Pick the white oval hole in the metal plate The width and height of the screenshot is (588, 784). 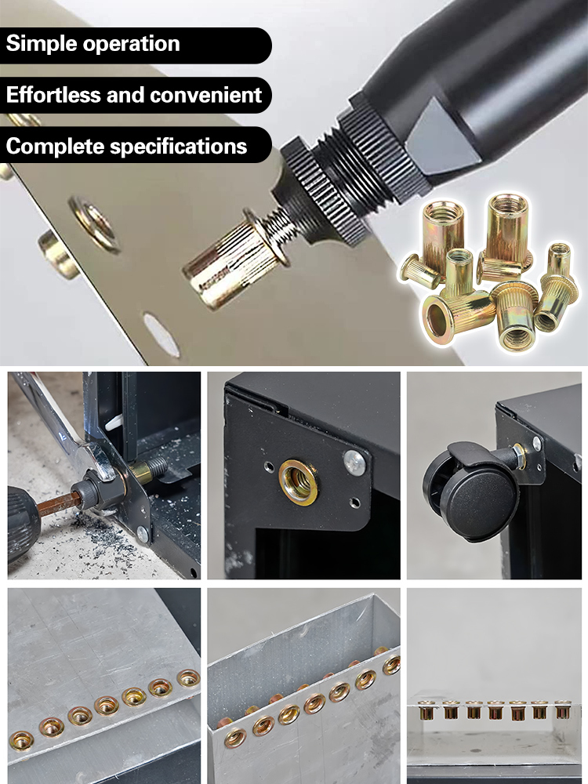pyautogui.click(x=161, y=335)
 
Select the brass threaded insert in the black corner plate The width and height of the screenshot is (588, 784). pyautogui.click(x=299, y=481)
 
